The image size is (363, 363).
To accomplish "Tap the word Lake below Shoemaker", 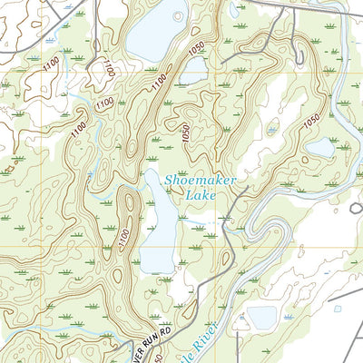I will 201,194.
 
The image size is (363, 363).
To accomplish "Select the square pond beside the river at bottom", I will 261,317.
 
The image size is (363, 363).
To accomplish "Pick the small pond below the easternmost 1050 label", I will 319,147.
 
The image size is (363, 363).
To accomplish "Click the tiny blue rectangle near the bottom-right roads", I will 338,309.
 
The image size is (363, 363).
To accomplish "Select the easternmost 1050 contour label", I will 311,121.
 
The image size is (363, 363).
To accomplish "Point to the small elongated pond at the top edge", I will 233,11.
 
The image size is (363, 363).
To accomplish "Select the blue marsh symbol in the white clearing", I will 271,131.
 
